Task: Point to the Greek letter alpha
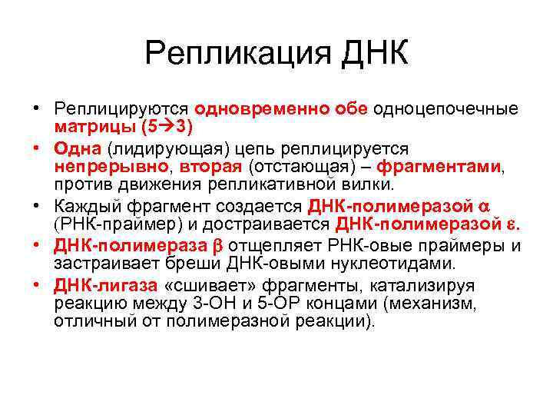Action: (x=483, y=206)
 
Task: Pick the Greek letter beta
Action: (x=216, y=246)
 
